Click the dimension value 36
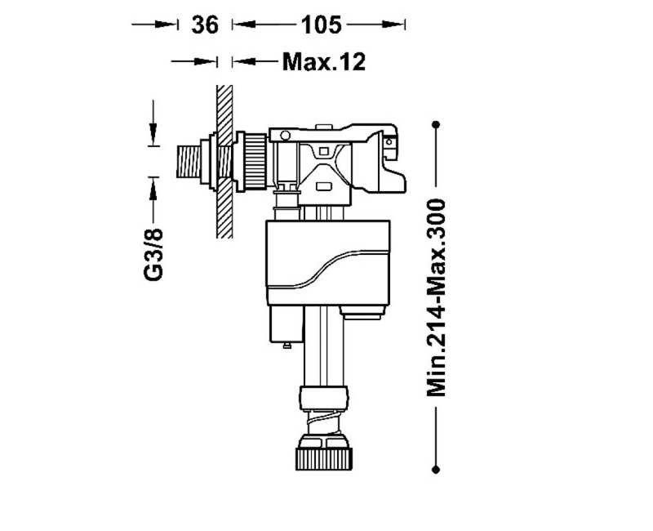205,25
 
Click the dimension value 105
321,25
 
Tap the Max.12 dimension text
324,62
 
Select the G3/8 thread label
153,254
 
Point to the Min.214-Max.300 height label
436,297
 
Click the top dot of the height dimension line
436,124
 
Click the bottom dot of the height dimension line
436,470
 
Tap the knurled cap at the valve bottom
323,458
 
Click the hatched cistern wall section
224,162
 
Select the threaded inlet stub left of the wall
189,161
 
